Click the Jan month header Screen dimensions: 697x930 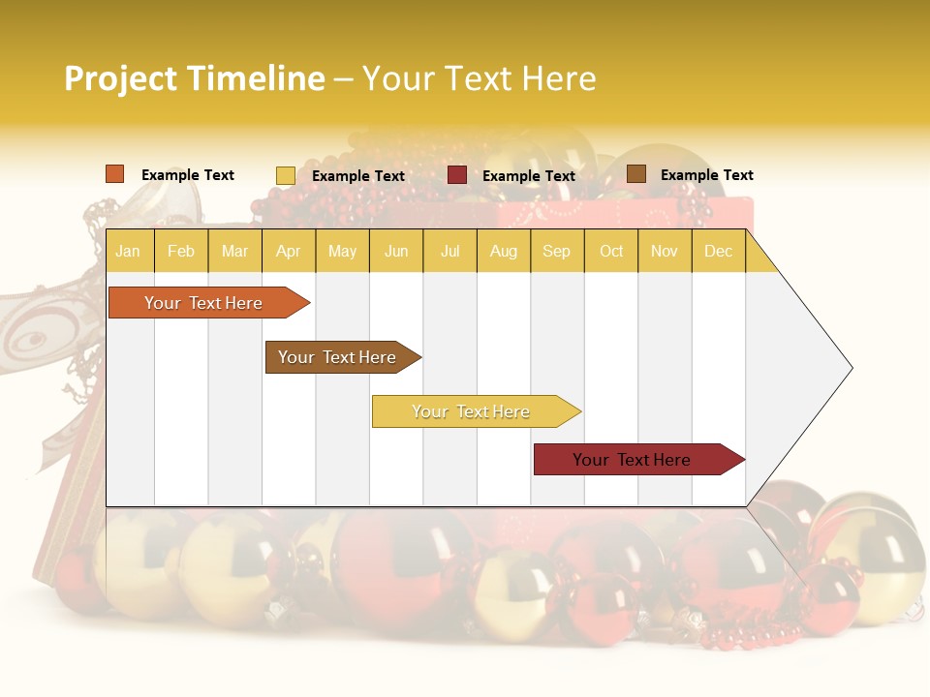[x=128, y=251]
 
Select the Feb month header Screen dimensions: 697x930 [x=181, y=251]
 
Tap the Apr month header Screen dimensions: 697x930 [x=288, y=251]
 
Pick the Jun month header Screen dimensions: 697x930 [x=396, y=251]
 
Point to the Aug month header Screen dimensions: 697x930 [x=503, y=251]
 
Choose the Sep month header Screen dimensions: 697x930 [x=556, y=251]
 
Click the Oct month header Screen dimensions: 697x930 [x=611, y=251]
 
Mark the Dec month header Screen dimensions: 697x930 [x=718, y=251]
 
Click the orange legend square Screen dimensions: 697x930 [x=114, y=174]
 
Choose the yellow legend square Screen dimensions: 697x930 [x=285, y=175]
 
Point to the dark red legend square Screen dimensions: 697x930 [x=457, y=175]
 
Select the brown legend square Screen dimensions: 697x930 [x=636, y=174]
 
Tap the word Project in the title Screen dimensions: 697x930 [x=120, y=78]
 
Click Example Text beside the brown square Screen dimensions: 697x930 [x=706, y=174]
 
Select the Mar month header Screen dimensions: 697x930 [x=234, y=251]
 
